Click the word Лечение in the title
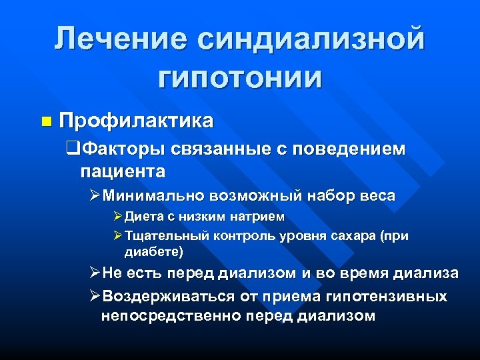[120, 39]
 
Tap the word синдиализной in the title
[310, 39]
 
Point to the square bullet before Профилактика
[46, 121]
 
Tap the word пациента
[123, 171]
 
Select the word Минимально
[154, 196]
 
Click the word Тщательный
[167, 236]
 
